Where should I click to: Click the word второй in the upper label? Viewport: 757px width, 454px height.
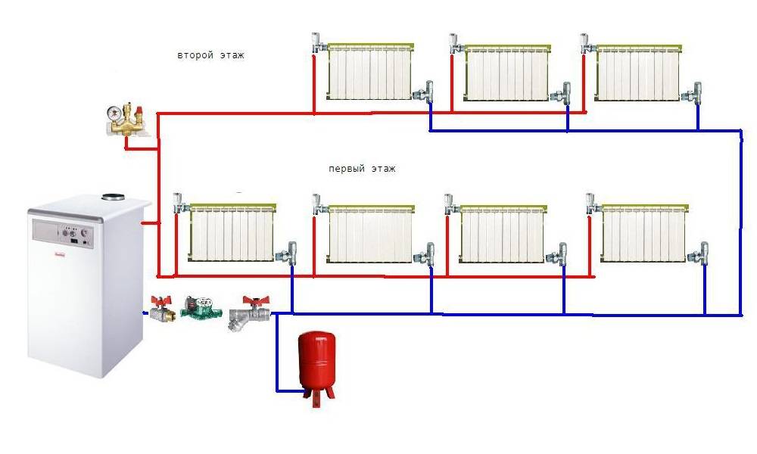coord(195,55)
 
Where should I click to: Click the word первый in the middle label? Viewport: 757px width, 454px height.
coord(346,169)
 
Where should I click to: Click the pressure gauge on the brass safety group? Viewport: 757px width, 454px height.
coord(115,113)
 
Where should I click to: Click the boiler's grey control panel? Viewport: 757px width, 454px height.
coord(63,233)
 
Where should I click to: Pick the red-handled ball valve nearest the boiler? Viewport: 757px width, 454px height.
coord(159,309)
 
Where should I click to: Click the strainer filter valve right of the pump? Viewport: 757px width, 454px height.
coord(248,313)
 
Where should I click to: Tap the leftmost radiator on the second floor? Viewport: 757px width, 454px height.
coord(370,72)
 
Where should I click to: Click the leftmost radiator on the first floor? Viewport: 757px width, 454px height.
coord(232,232)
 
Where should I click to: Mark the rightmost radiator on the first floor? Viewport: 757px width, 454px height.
coord(644,233)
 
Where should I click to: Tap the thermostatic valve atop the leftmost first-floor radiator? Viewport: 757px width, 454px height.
coord(180,203)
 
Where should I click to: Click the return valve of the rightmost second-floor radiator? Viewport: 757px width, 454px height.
coord(693,93)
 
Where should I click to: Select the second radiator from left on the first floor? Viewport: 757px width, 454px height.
coord(370,234)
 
